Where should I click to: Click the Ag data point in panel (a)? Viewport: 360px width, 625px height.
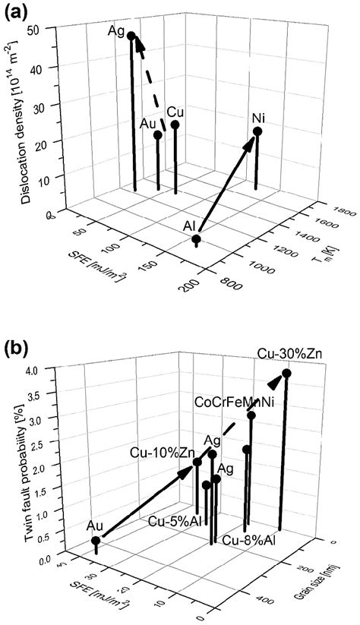pyautogui.click(x=131, y=36)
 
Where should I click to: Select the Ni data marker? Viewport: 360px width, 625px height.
pyautogui.click(x=257, y=131)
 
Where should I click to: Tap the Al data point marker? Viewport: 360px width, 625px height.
pyautogui.click(x=196, y=240)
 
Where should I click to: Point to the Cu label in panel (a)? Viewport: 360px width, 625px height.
pyautogui.click(x=175, y=112)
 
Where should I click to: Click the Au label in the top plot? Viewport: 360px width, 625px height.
pyautogui.click(x=150, y=122)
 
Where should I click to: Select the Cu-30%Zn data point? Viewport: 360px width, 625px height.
pyautogui.click(x=286, y=373)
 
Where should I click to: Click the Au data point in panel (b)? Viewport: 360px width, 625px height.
pyautogui.click(x=96, y=541)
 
